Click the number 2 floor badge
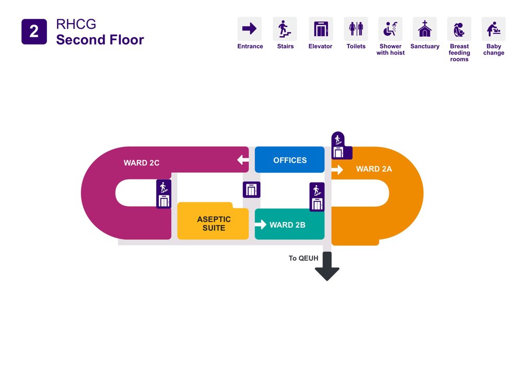coord(34,31)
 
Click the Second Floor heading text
coord(100,40)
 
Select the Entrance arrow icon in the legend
coord(250,29)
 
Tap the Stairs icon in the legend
coord(285,29)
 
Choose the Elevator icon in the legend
coord(320,29)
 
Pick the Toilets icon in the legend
coord(356,29)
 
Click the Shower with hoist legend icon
coord(390,29)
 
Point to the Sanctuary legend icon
coord(425,29)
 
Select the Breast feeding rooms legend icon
coord(459,29)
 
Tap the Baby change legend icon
coord(494,29)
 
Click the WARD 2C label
coord(142,163)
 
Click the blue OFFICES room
coord(289,160)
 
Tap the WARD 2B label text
coord(287,225)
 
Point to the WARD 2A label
coord(374,169)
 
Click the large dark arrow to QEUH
coord(327,267)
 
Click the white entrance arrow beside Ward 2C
coord(243,160)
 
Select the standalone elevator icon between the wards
coord(251,189)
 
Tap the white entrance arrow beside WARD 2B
coord(260,225)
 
